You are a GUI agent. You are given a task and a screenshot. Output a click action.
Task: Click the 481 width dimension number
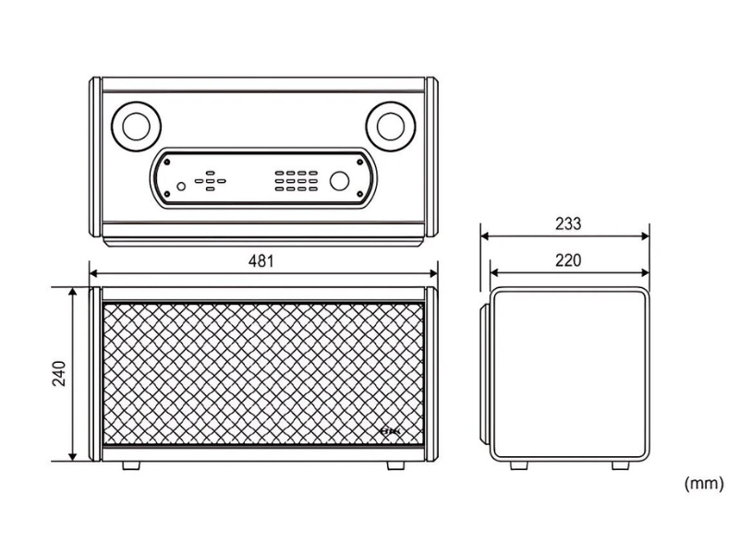(260, 260)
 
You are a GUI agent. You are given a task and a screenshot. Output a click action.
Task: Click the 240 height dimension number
(59, 374)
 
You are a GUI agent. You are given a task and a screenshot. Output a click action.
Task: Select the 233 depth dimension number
(568, 223)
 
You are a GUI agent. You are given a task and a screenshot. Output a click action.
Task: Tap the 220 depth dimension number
(568, 260)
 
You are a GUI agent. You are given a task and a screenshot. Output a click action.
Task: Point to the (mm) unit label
(704, 483)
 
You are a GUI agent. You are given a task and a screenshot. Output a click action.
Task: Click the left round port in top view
(136, 126)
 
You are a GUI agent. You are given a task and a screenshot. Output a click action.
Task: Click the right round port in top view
(391, 126)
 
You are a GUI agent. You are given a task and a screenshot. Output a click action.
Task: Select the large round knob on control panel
(339, 181)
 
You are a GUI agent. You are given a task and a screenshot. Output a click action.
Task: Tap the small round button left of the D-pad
(181, 187)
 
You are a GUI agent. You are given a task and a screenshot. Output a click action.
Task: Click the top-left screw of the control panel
(167, 163)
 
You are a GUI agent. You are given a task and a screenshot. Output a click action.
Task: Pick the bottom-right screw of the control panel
(360, 194)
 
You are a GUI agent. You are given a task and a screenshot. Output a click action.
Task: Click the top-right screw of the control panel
(360, 163)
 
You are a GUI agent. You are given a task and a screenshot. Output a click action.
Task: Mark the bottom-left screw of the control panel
(167, 194)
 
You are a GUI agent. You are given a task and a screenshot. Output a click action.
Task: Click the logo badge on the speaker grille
(389, 431)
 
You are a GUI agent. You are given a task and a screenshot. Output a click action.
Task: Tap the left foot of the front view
(131, 465)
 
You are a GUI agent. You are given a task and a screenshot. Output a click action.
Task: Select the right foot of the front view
(396, 465)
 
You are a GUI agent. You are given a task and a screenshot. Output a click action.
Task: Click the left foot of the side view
(519, 465)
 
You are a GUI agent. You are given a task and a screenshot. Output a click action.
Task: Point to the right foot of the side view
(620, 465)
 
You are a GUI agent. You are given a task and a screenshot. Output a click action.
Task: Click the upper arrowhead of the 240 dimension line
(73, 293)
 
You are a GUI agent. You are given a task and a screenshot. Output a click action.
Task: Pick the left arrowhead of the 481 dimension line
(95, 273)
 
